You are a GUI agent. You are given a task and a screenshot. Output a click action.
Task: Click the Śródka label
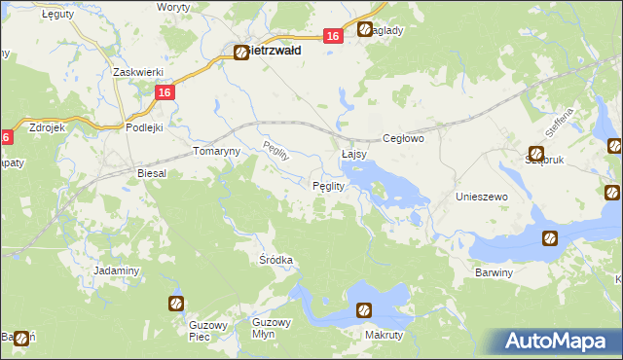[x=276, y=261]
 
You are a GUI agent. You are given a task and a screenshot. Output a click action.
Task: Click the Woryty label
[x=173, y=7]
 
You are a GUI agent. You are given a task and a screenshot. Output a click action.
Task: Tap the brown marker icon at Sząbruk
[x=535, y=155]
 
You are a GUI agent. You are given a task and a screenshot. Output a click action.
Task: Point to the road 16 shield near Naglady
[x=333, y=36]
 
